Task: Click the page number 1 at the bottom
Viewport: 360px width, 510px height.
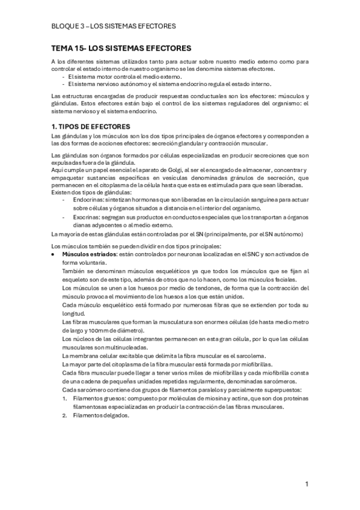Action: coord(307,484)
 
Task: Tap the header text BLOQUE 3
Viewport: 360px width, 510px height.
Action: coord(68,26)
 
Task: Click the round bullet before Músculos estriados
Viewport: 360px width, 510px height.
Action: coord(55,254)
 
